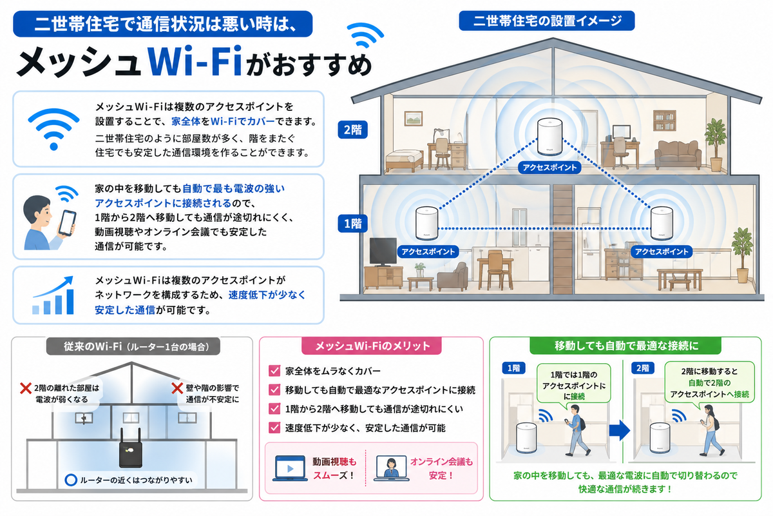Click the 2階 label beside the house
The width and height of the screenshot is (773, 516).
pyautogui.click(x=352, y=130)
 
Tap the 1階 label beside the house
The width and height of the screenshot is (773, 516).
pyautogui.click(x=352, y=224)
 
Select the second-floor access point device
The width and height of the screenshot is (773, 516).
pyautogui.click(x=549, y=137)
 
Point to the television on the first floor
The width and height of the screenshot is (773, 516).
pyautogui.click(x=383, y=252)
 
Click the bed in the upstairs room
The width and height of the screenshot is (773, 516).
pyautogui.click(x=405, y=161)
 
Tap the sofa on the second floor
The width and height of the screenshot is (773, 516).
pyautogui.click(x=678, y=155)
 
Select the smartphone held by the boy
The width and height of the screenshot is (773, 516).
pyautogui.click(x=67, y=223)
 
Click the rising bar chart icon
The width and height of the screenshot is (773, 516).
pyautogui.click(x=53, y=295)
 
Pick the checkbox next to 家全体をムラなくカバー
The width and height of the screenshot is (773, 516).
pyautogui.click(x=274, y=371)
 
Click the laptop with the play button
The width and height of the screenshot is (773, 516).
pyautogui.click(x=290, y=468)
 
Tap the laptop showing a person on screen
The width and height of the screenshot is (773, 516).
pyautogui.click(x=392, y=468)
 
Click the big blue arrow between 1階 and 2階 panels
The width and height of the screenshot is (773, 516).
pyautogui.click(x=620, y=430)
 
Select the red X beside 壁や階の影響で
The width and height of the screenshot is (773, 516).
pyautogui.click(x=177, y=388)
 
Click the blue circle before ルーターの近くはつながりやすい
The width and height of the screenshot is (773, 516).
pyautogui.click(x=71, y=480)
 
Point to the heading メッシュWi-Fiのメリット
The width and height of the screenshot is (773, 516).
pyautogui.click(x=372, y=346)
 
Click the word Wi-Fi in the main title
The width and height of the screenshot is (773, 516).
pyautogui.click(x=195, y=61)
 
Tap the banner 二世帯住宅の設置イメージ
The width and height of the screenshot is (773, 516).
pyautogui.click(x=547, y=21)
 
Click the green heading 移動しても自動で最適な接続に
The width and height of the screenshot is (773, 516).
pyautogui.click(x=626, y=346)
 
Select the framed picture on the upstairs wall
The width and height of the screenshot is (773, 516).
pyautogui.click(x=414, y=118)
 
